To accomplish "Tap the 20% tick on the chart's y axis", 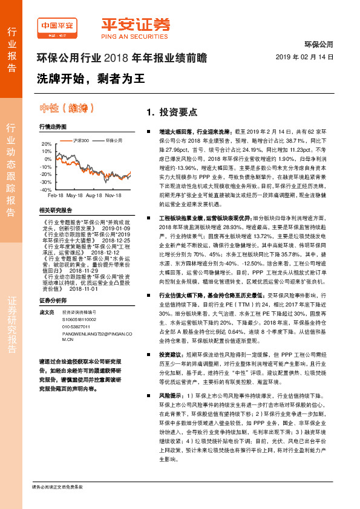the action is click(46, 144).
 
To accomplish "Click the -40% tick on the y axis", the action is click(46, 189).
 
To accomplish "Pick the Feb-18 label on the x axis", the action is click(55, 196).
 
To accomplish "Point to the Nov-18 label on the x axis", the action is click(114, 196).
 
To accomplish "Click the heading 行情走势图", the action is click(53, 127).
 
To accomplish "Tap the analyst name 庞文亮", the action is click(46, 295).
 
